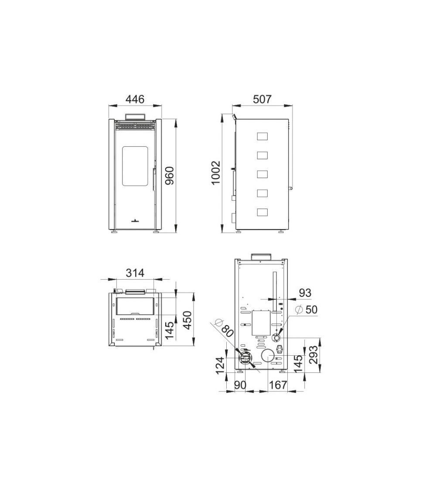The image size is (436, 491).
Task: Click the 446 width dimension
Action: point(135,99)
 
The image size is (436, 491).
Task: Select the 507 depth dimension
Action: point(262,99)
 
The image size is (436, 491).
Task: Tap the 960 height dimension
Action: point(169,176)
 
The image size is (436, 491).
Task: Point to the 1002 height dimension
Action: point(216,173)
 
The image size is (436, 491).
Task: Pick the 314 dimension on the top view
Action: point(135,273)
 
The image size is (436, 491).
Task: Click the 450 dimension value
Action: point(187,320)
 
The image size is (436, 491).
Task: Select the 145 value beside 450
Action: point(169,330)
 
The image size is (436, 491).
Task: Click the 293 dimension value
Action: point(313,355)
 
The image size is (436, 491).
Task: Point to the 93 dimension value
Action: point(305,293)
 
